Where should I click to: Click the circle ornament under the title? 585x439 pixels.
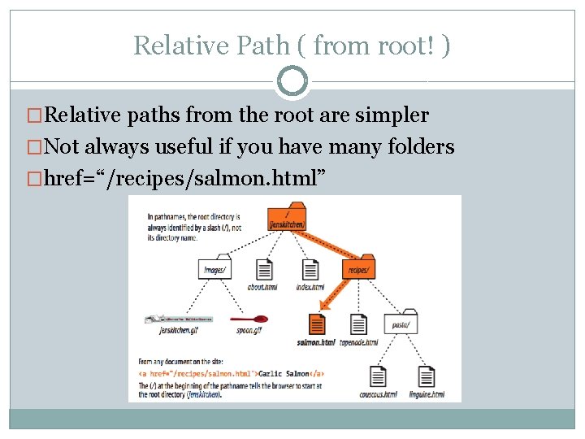click(x=292, y=81)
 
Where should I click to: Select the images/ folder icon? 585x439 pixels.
click(x=215, y=269)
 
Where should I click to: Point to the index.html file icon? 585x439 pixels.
click(x=310, y=270)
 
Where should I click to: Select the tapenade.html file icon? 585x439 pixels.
click(x=358, y=324)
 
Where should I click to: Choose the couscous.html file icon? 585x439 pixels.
click(x=378, y=376)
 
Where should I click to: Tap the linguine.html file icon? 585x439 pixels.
click(x=426, y=376)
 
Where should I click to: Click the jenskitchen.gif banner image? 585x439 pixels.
click(x=178, y=319)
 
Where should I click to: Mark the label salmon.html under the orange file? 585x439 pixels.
click(x=316, y=343)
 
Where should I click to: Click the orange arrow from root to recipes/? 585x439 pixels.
click(x=325, y=245)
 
